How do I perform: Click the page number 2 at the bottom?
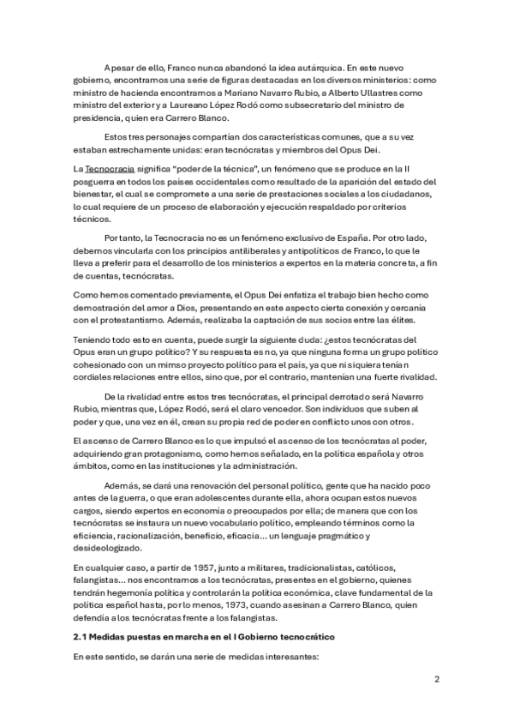(x=436, y=679)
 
